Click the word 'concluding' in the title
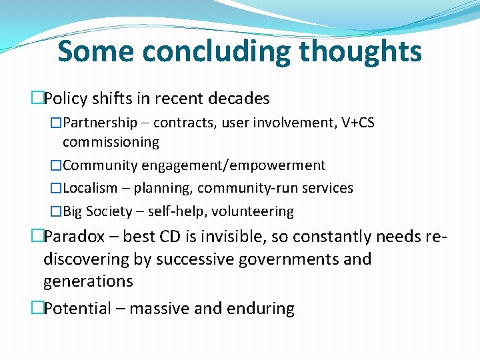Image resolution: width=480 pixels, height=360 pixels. coord(217,51)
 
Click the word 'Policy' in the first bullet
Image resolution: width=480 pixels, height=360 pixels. coord(66,99)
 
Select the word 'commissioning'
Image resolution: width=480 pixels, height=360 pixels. coord(111,142)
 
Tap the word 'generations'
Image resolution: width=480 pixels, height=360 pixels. coord(88,281)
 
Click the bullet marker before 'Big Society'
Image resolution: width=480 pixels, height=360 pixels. coord(56,212)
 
